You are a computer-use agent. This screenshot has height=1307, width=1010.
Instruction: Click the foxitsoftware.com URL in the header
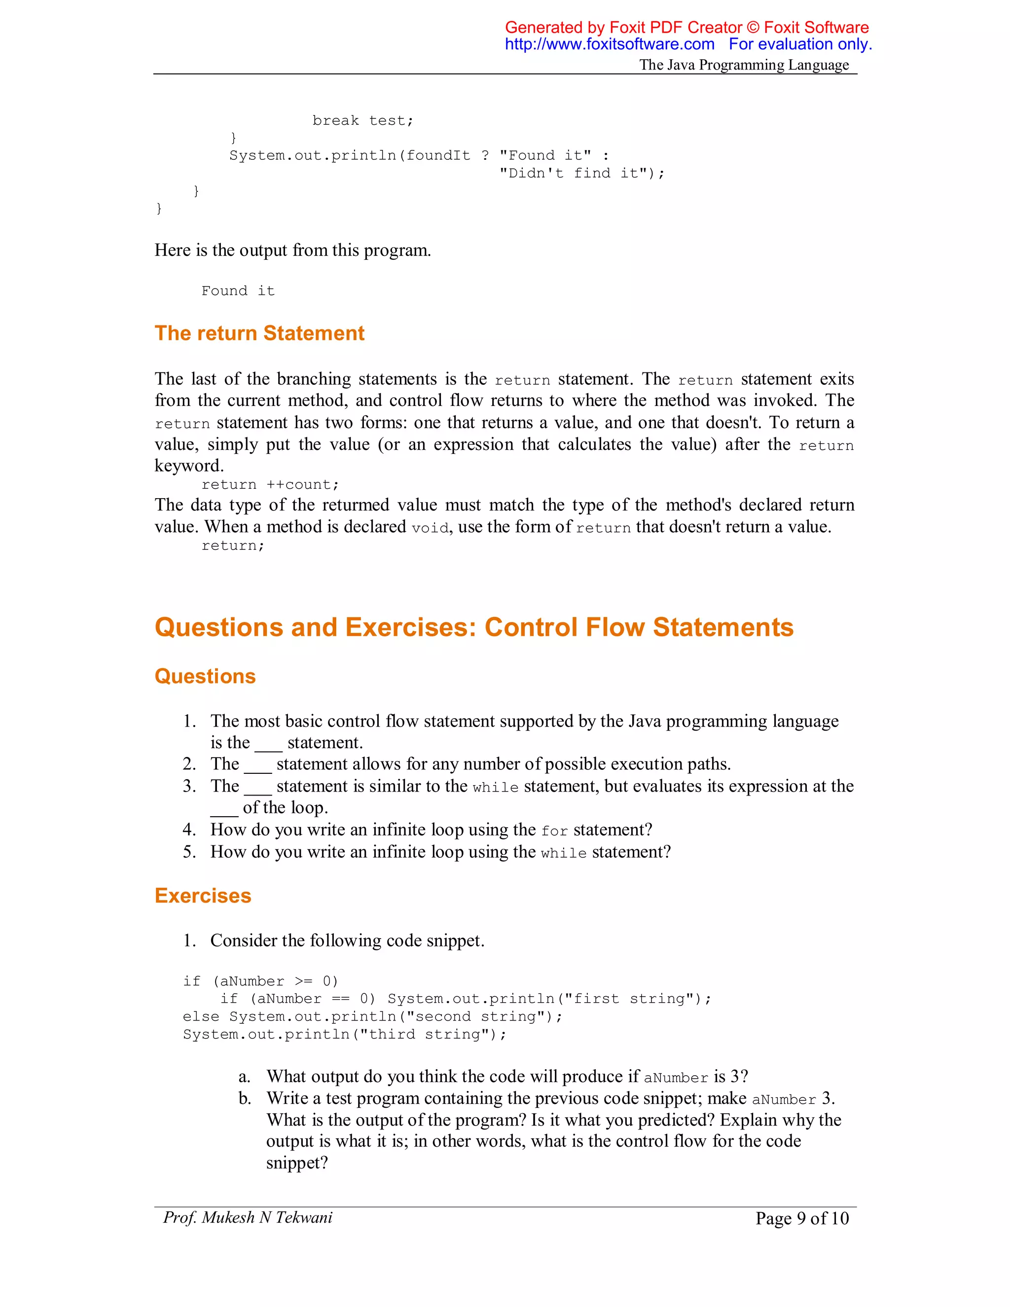[609, 44]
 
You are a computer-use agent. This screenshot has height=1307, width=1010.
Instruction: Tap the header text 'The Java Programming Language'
[744, 65]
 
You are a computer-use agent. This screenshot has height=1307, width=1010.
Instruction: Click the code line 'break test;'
[362, 121]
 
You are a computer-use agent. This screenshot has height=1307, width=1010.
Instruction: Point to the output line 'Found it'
[238, 291]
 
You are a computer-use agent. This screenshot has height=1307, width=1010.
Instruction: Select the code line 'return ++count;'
[270, 485]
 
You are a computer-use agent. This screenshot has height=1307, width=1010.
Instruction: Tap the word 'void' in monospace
[430, 528]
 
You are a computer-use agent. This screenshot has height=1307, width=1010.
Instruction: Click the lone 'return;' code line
[233, 546]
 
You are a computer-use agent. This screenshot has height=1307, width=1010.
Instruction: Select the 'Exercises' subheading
[203, 896]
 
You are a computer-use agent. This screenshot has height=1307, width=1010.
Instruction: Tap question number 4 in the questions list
[189, 830]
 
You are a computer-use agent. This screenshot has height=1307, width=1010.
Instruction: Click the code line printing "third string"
[345, 1035]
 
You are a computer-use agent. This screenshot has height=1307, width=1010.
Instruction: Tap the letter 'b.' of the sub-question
[244, 1099]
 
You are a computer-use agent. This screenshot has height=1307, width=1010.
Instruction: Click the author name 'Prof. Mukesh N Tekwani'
[247, 1218]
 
